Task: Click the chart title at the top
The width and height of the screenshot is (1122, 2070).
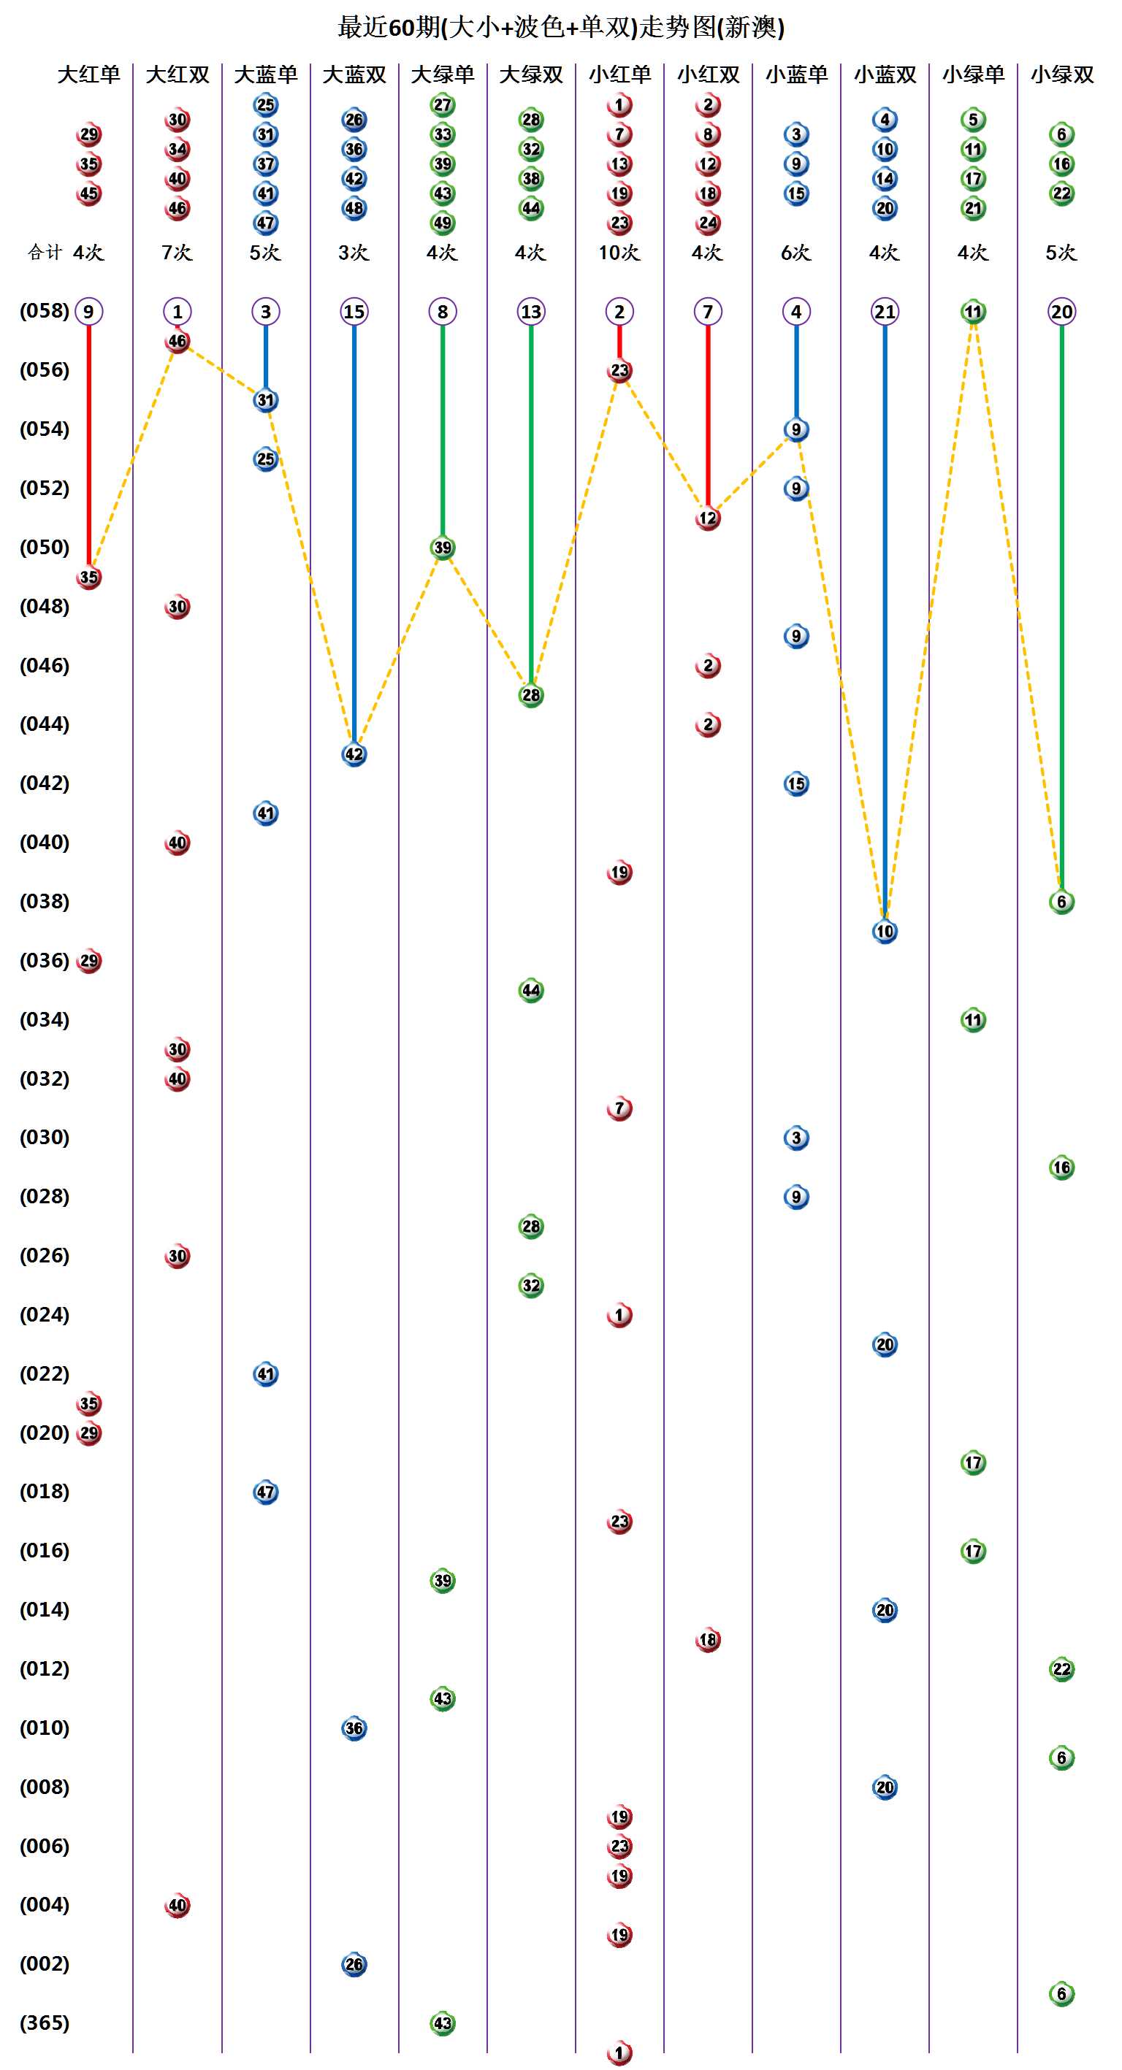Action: (x=560, y=27)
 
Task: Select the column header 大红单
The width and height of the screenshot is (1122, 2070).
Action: (x=88, y=74)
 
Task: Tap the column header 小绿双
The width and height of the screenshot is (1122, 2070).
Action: (x=1061, y=74)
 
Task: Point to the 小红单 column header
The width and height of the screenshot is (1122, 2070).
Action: (x=619, y=74)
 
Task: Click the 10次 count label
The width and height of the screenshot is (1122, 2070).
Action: (x=619, y=253)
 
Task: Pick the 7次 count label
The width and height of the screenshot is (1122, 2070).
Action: (x=177, y=253)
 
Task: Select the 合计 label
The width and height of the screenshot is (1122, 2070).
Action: (x=45, y=253)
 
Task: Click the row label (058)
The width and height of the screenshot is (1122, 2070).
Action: (x=45, y=311)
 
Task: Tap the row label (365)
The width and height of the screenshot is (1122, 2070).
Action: (x=45, y=2023)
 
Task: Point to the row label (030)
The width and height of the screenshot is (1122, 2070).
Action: (x=45, y=1137)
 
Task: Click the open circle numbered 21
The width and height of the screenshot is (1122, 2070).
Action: (x=885, y=312)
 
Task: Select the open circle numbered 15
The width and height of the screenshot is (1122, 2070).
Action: (x=354, y=312)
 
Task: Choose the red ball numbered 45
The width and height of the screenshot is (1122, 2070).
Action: (x=88, y=193)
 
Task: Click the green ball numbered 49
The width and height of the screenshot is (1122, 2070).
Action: (x=443, y=223)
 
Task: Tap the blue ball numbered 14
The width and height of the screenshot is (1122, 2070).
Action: (x=885, y=178)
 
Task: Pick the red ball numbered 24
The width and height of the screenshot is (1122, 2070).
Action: (x=708, y=223)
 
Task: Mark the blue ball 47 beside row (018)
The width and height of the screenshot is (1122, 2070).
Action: (x=266, y=1492)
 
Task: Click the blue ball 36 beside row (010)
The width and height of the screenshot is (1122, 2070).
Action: (x=354, y=1728)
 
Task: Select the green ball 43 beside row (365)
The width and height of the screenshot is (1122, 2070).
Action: (x=443, y=2023)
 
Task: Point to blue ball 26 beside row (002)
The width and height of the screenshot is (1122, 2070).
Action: (x=354, y=1965)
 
